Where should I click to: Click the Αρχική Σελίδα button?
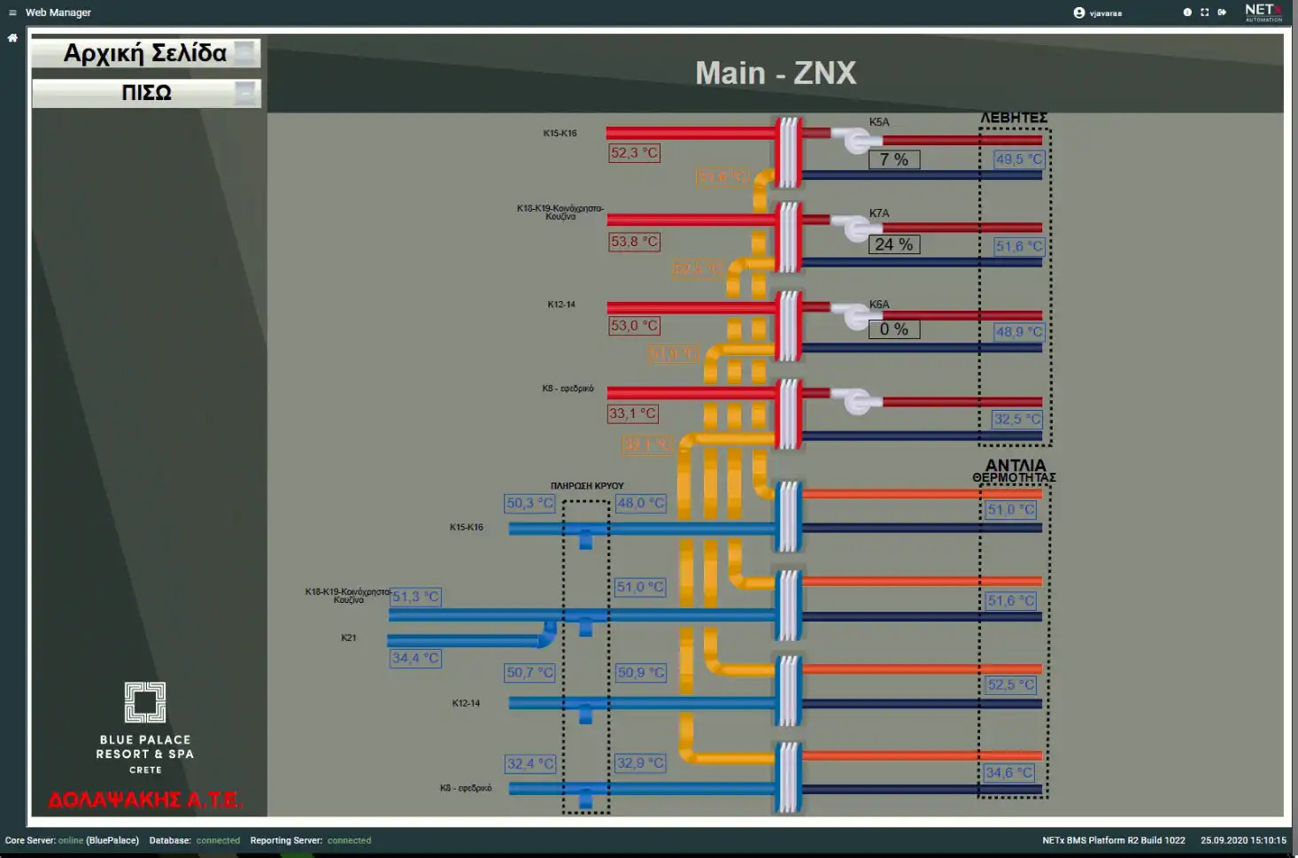point(145,54)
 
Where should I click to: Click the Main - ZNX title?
point(776,73)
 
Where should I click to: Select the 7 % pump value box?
point(893,159)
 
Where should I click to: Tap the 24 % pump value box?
point(893,244)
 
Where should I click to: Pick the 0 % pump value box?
point(893,329)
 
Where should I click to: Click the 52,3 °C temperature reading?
point(634,153)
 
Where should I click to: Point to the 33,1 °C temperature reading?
point(632,414)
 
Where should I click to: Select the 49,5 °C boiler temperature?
point(1018,159)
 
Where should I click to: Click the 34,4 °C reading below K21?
point(415,658)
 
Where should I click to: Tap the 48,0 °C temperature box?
point(640,503)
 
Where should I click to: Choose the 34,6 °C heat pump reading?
point(1009,773)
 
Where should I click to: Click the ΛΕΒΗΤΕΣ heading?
point(1014,118)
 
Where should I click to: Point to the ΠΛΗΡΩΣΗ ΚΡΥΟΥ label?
point(587,486)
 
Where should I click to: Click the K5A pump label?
point(878,122)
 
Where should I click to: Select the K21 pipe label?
point(349,638)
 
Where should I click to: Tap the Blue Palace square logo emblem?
point(145,702)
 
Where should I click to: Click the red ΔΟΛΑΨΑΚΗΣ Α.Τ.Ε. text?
point(145,800)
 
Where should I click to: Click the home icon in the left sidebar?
point(12,38)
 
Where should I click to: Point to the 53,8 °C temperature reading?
point(634,242)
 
